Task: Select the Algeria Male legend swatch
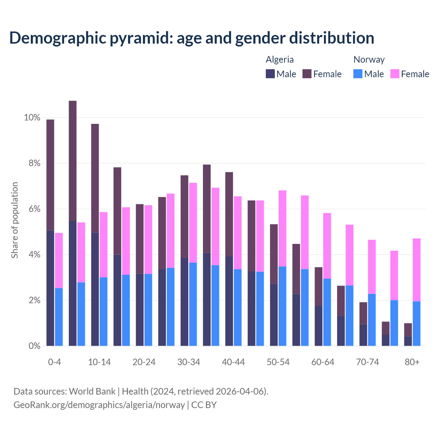coord(270,74)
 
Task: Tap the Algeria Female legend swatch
coord(307,74)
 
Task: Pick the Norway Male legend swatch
coord(358,74)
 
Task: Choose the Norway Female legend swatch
coord(395,74)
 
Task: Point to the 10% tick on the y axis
coord(32,118)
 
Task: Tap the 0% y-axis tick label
coord(34,346)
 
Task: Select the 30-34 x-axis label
coord(189,362)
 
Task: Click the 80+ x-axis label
coord(412,362)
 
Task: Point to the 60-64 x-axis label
coord(323,362)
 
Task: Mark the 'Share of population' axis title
coord(15,220)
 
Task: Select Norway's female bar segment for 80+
coord(417,270)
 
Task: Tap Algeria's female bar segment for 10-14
coord(95,178)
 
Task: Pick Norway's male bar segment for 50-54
coord(282,306)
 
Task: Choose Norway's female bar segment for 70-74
coord(372,267)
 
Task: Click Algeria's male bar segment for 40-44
coord(229,301)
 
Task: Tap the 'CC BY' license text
coord(204,405)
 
